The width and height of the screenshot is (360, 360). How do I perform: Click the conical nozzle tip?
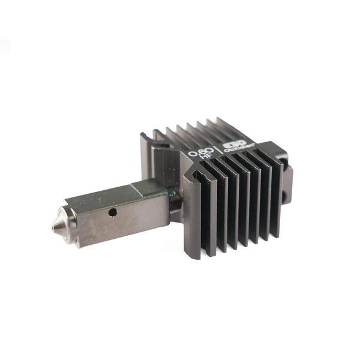pyautogui.click(x=57, y=223)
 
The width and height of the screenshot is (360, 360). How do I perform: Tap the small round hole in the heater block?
pyautogui.click(x=112, y=212)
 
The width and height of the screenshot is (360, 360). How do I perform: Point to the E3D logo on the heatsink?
pyautogui.click(x=233, y=145)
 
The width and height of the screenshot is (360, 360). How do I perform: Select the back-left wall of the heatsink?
pyautogui.click(x=146, y=162)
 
